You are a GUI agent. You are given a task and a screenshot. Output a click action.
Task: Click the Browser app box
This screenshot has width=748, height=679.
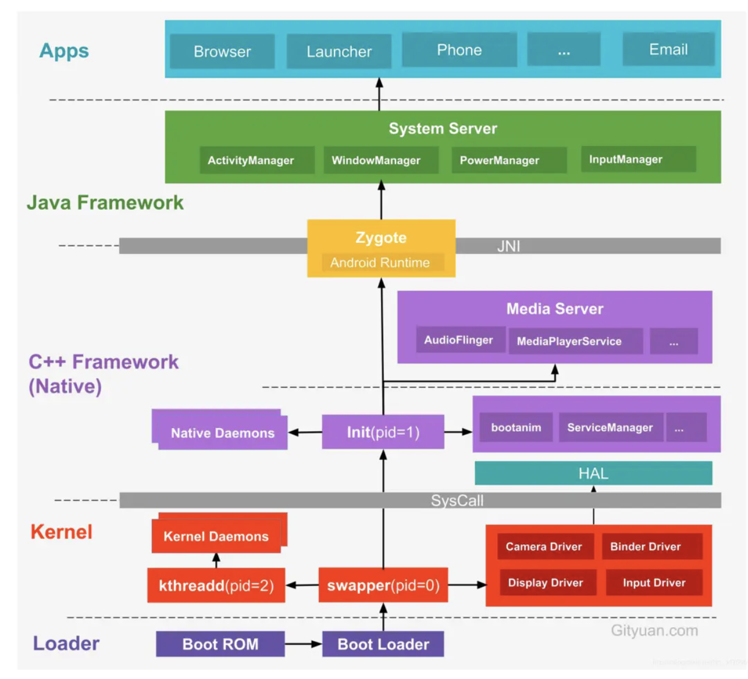coord(222,51)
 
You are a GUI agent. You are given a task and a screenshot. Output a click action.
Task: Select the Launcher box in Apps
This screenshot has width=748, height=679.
coord(339,51)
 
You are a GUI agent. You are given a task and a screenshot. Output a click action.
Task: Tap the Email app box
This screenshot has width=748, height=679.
coord(668,49)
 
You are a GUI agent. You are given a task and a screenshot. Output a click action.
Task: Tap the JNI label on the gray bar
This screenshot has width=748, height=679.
coord(509,246)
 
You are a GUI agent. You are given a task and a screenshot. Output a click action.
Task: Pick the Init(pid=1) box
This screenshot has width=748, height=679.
coord(383,432)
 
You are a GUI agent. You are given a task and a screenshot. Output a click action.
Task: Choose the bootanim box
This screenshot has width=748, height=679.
coord(516,427)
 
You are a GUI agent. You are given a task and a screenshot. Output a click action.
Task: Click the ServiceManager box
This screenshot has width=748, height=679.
coord(610,427)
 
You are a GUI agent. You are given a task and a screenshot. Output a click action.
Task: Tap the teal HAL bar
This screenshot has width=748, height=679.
coord(593,473)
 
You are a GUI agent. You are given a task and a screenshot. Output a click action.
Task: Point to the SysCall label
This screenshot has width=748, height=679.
coord(457,501)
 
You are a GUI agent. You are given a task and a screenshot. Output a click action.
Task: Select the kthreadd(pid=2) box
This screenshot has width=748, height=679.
coord(216,585)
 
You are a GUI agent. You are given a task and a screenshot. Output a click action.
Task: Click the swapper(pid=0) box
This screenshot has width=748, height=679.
coord(383,585)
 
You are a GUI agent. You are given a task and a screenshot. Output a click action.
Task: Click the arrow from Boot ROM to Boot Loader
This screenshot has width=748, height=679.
coord(303,644)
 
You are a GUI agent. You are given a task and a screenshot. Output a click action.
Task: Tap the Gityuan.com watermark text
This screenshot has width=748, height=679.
coord(654,631)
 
